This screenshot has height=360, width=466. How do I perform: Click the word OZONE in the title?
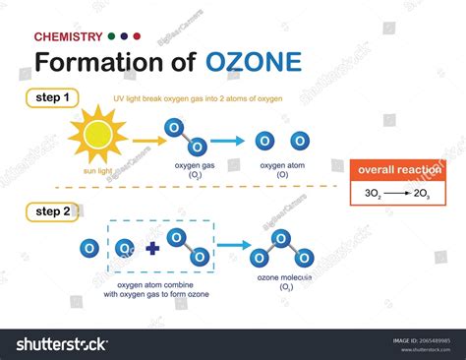[254, 62]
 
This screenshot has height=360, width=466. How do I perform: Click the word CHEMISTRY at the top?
[68, 36]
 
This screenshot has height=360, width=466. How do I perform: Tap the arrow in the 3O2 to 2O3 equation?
[396, 194]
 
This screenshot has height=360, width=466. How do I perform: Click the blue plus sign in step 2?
[151, 249]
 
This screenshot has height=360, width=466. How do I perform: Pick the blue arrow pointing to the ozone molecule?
[233, 246]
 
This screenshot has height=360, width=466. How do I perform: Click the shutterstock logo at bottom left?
[61, 343]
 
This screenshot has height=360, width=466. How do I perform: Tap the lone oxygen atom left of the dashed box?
[88, 248]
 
